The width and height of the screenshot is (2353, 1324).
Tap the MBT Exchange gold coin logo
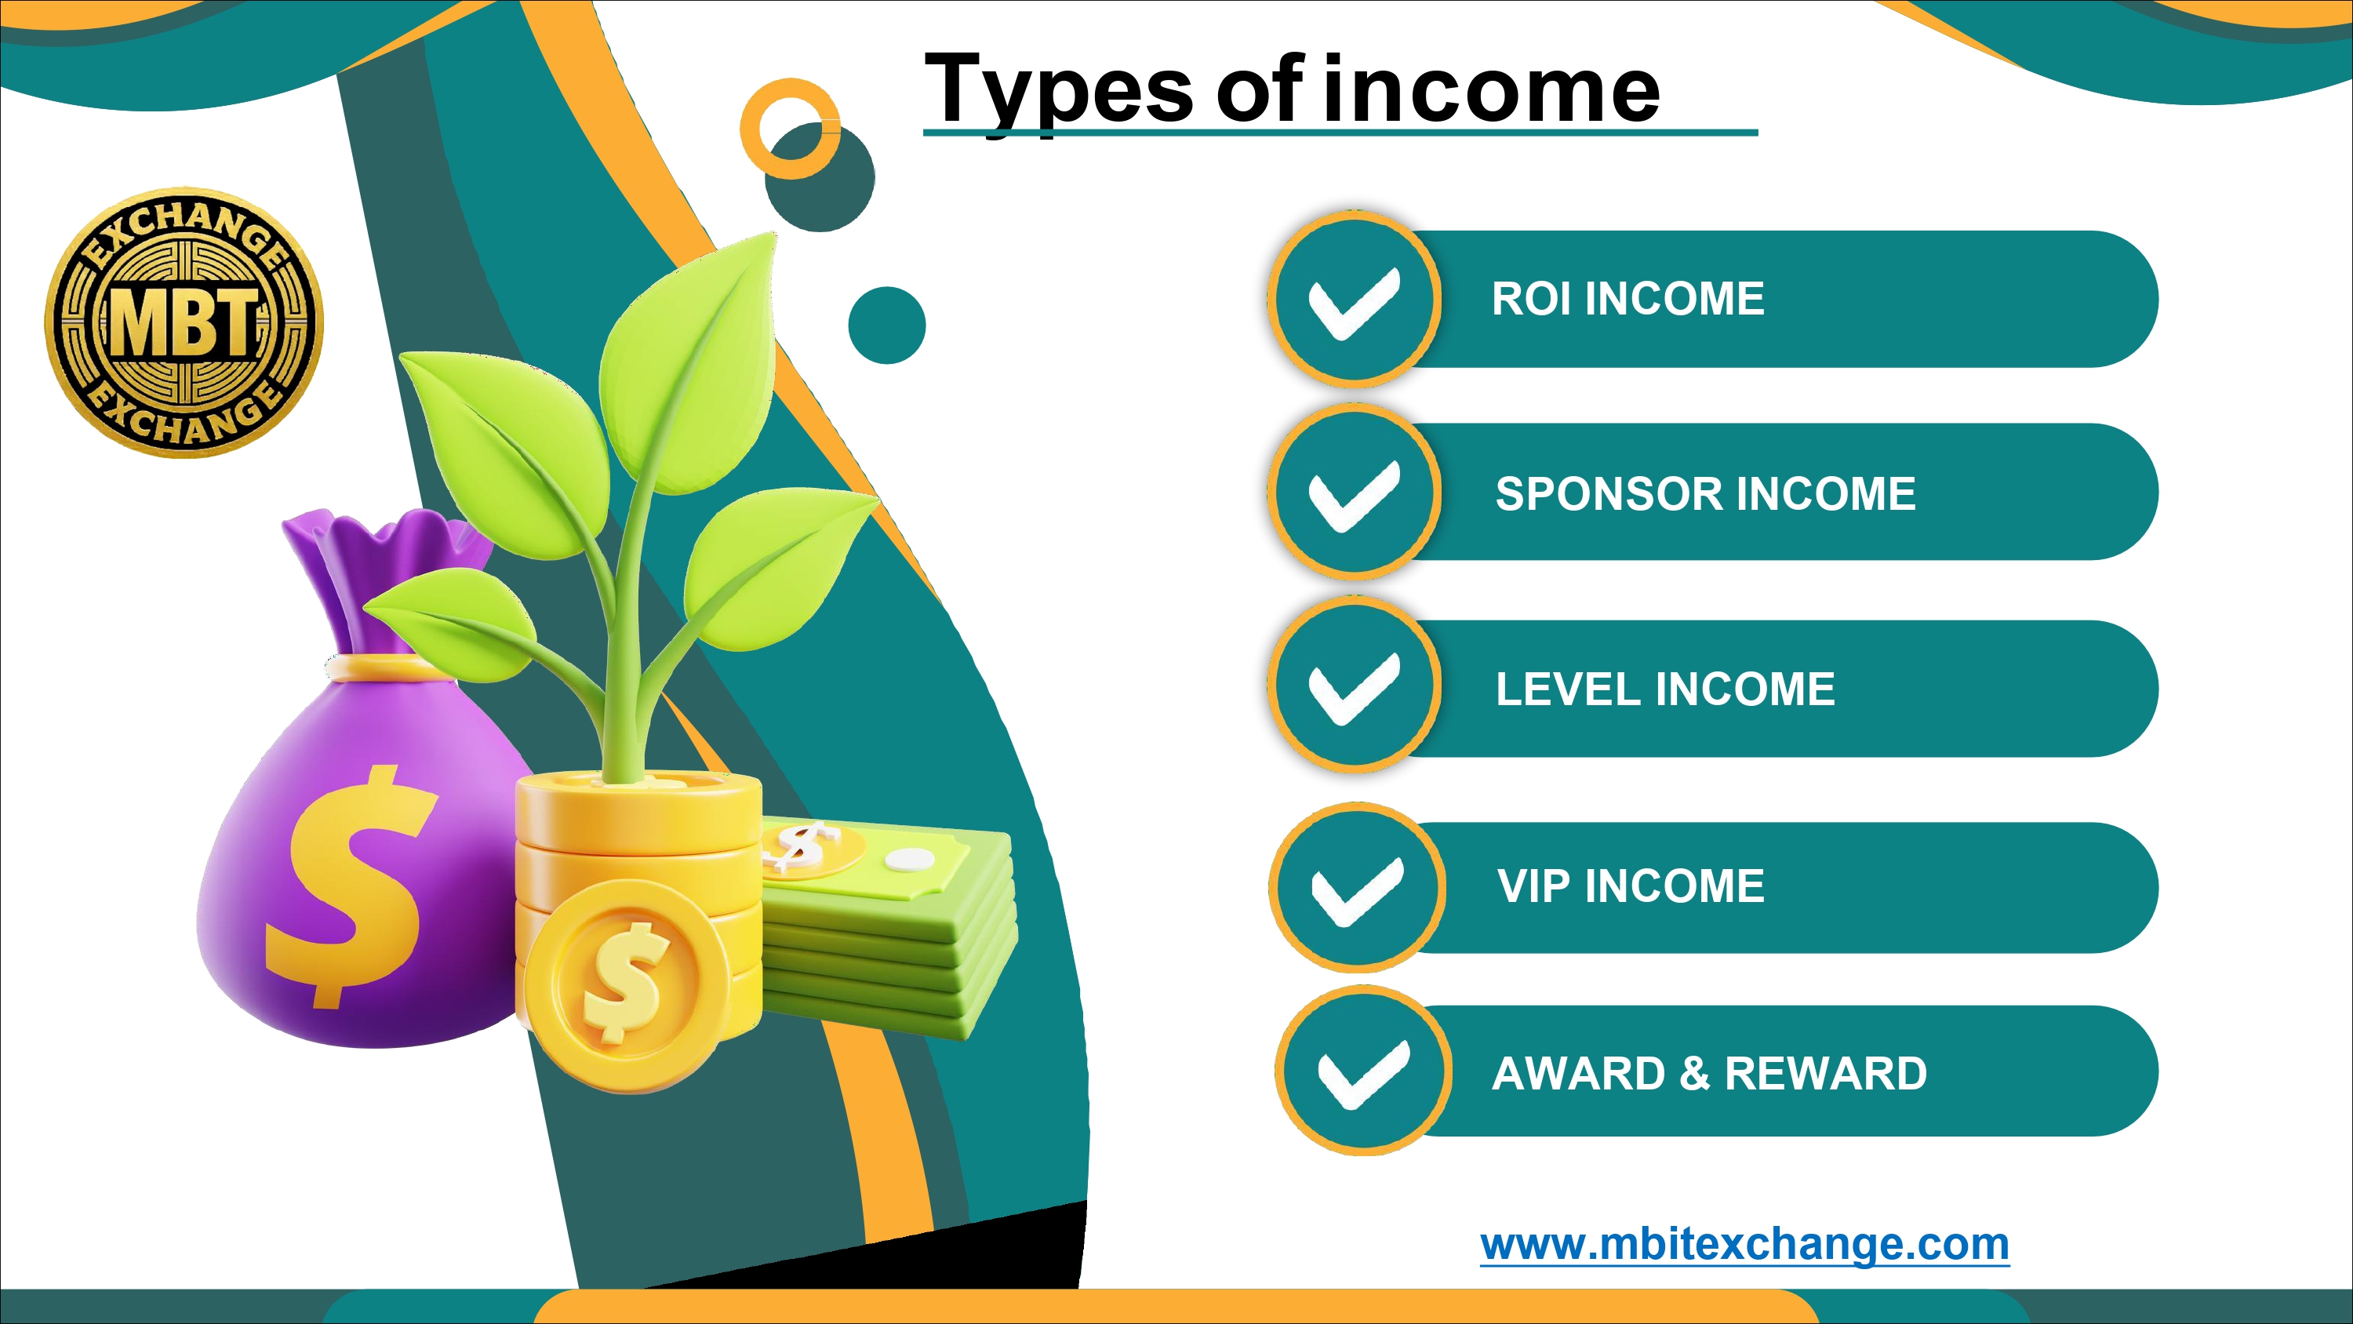point(184,322)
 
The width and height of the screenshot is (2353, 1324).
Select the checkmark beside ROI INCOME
point(1354,304)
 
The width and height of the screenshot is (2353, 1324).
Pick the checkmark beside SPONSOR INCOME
point(1354,497)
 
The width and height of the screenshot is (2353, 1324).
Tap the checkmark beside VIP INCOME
point(1358,892)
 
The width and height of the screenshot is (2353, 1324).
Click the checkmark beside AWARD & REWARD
point(1364,1074)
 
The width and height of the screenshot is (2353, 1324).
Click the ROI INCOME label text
point(1627,299)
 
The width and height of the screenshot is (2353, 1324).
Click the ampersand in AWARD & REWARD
point(1694,1073)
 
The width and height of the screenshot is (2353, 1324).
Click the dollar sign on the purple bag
point(351,886)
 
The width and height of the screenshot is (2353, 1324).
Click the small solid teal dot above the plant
point(887,326)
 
